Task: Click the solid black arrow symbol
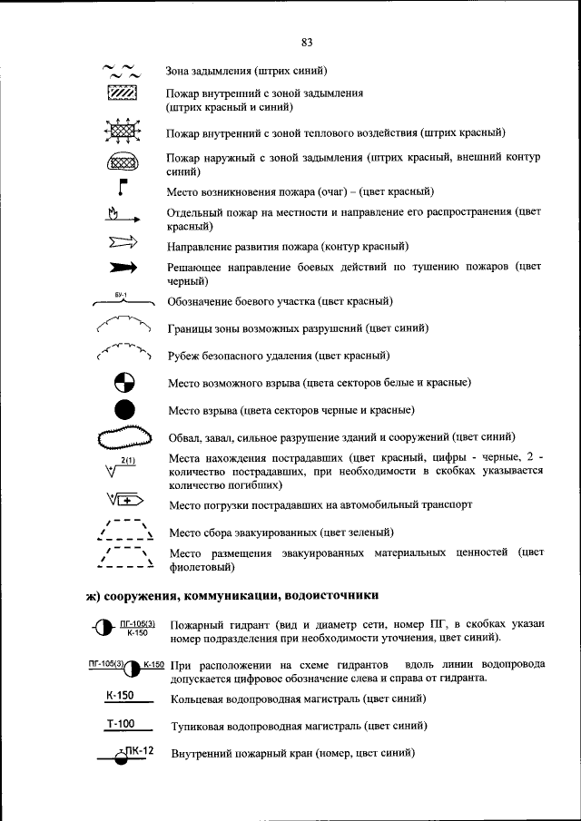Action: click(x=123, y=268)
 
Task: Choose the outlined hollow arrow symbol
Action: click(x=122, y=242)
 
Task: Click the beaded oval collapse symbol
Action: click(x=123, y=438)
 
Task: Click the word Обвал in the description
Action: click(x=185, y=437)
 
